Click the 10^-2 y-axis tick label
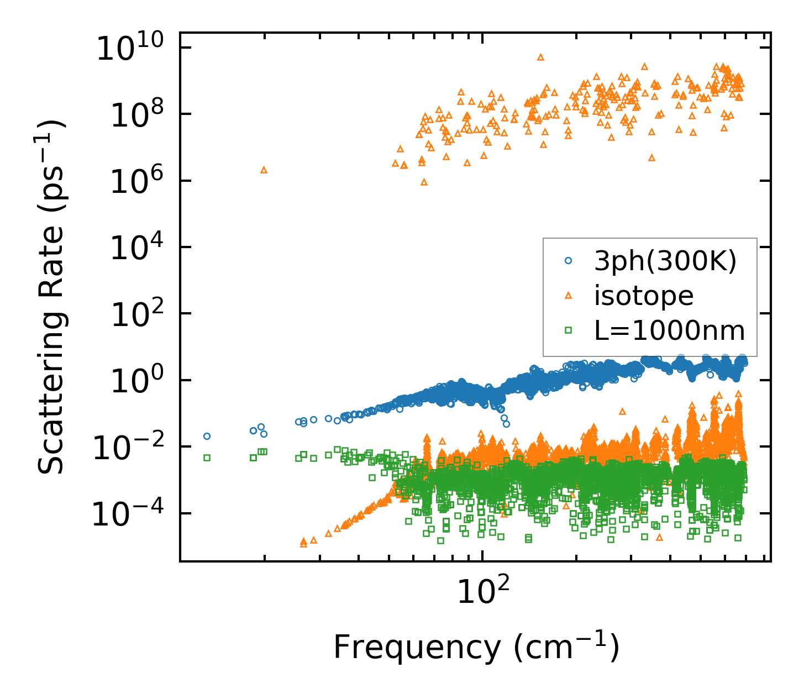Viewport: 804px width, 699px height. tap(132, 448)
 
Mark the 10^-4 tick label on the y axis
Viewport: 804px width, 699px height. tap(132, 514)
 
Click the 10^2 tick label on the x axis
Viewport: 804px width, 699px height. tap(482, 592)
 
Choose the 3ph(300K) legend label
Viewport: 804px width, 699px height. tap(665, 261)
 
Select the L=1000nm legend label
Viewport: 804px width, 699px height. tap(670, 330)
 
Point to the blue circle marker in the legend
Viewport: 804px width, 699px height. tap(567, 260)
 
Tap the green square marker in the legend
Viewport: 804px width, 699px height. tap(567, 330)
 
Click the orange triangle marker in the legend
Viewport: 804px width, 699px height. tap(567, 296)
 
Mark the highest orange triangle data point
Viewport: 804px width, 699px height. tap(540, 56)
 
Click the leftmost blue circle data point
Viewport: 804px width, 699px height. tap(207, 436)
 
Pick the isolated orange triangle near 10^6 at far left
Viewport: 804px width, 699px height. tap(264, 170)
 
